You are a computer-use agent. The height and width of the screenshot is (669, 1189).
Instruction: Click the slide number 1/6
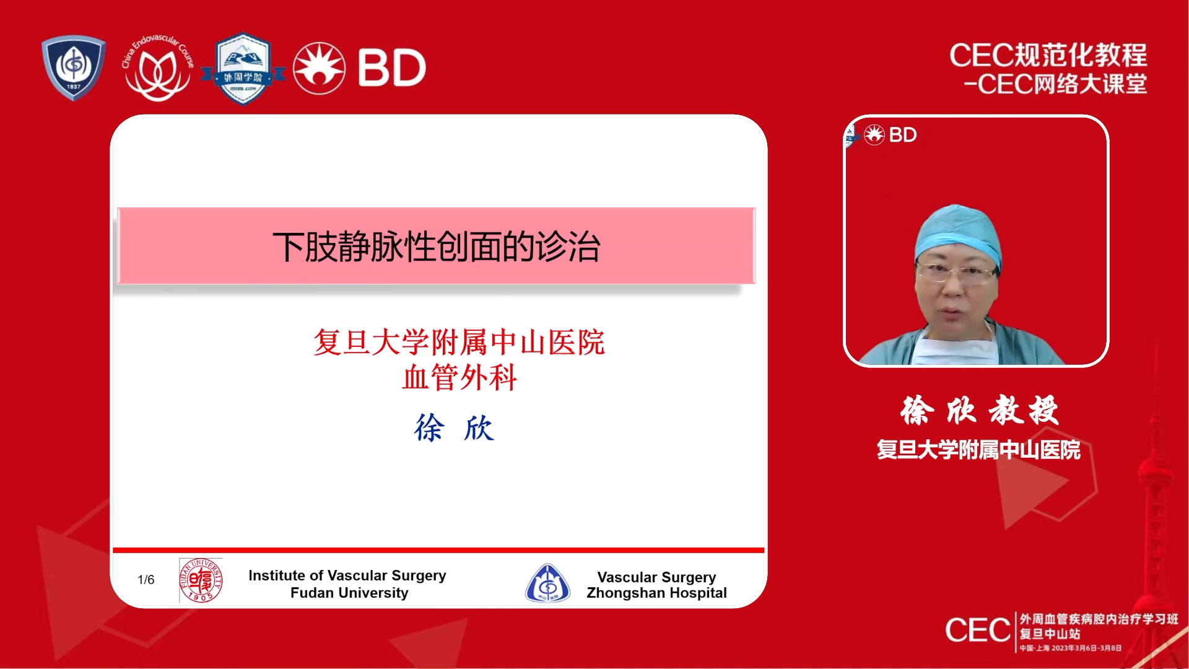point(146,580)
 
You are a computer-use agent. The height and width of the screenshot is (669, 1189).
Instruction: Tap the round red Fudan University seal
point(201,580)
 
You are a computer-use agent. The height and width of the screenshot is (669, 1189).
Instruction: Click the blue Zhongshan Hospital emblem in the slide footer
point(547,583)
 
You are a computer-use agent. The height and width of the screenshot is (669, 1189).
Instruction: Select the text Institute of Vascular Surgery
point(347,575)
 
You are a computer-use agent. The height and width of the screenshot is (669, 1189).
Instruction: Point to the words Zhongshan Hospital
point(656,593)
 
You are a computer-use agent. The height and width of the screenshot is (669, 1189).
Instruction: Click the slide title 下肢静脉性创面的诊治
point(437,247)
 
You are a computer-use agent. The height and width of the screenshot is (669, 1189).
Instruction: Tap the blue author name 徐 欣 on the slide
point(454,428)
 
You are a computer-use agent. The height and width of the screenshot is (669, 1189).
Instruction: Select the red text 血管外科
point(459,377)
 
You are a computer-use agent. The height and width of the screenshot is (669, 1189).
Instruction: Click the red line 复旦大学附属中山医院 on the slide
point(459,342)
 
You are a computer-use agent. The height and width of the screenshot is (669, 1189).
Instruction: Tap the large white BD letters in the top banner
point(391,68)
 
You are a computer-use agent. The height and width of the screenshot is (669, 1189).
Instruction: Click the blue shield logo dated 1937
point(74,68)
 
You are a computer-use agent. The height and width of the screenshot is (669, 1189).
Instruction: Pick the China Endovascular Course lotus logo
point(158,68)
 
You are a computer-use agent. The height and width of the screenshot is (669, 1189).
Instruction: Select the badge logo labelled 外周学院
point(243,68)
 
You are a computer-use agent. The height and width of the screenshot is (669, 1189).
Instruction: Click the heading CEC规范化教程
point(1048,55)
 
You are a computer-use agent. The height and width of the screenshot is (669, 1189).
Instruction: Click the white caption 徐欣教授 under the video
point(979,410)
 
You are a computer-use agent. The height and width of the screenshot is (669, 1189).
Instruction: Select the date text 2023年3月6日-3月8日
point(1086,648)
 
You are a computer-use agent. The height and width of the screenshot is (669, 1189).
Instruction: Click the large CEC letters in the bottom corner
point(978,631)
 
